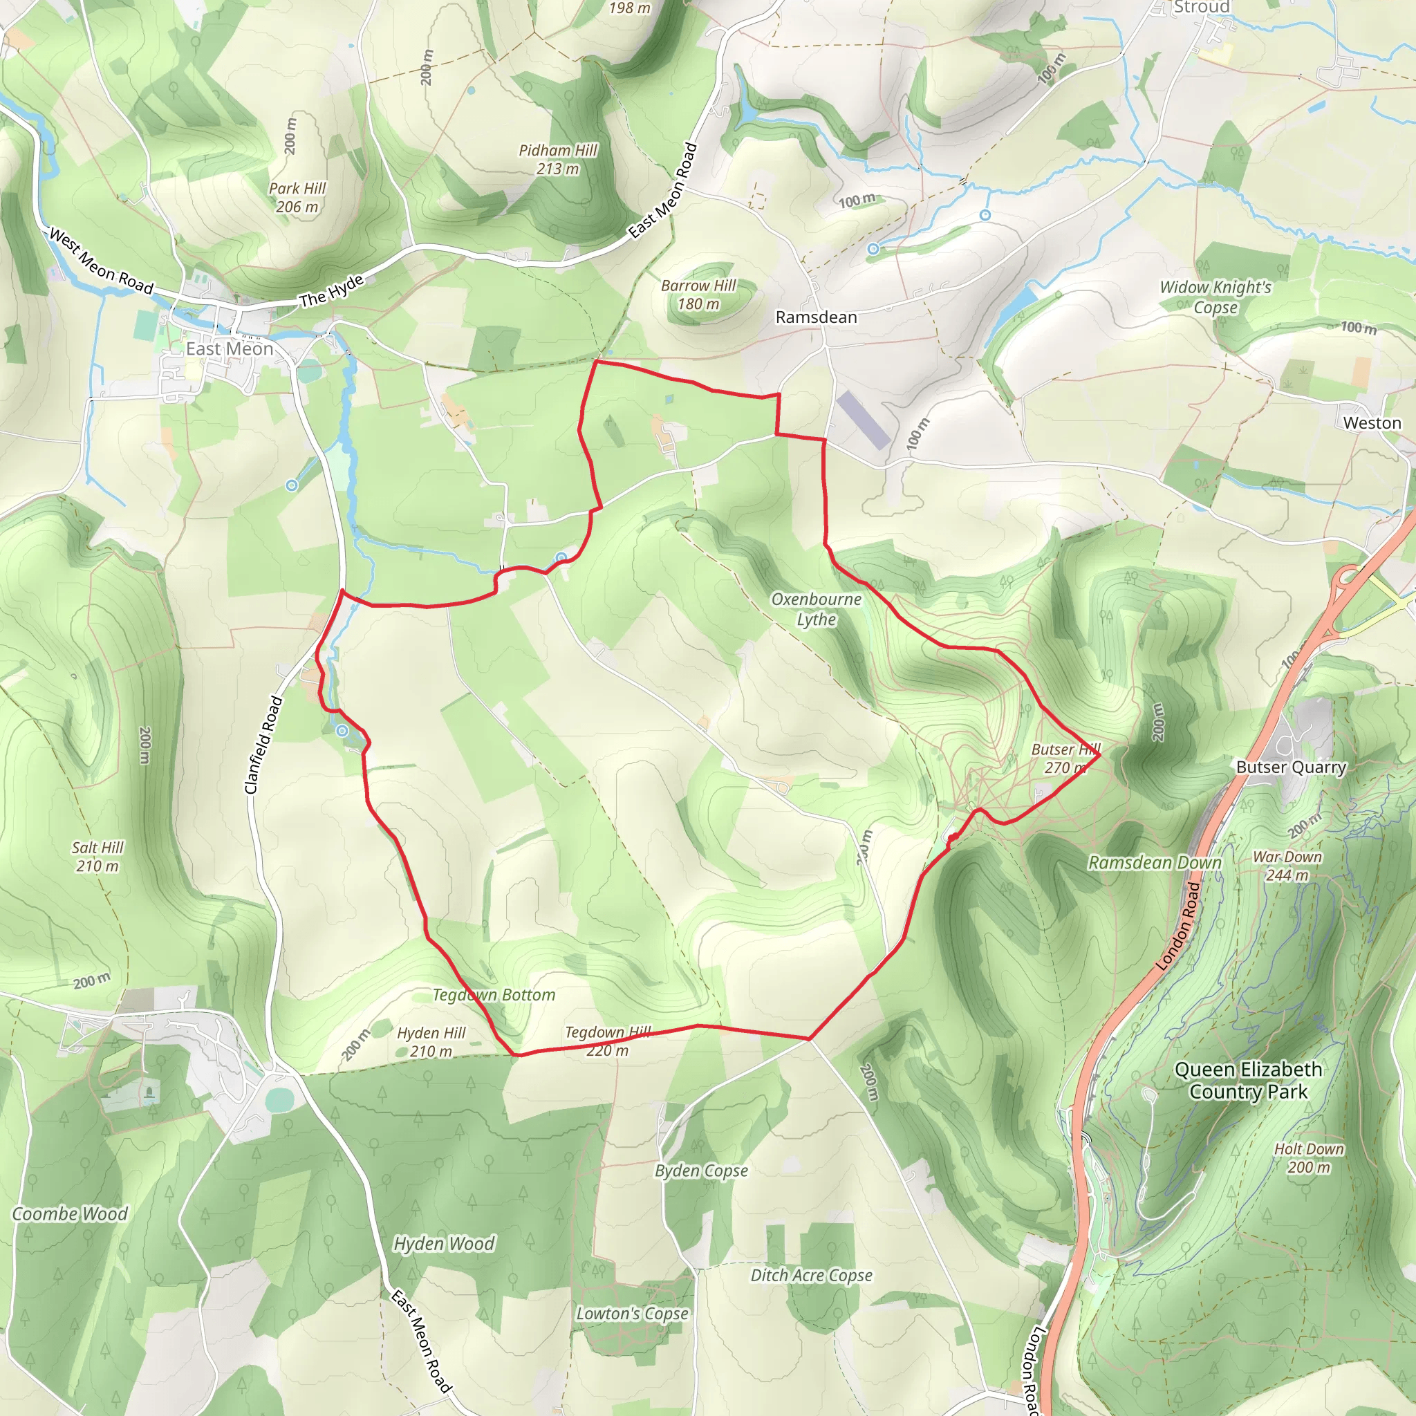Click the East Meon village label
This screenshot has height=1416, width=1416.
pyautogui.click(x=230, y=349)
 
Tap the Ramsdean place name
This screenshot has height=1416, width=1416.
pyautogui.click(x=816, y=317)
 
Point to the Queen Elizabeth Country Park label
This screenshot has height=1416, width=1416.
pyautogui.click(x=1248, y=1081)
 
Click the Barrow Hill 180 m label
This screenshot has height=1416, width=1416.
pyautogui.click(x=698, y=295)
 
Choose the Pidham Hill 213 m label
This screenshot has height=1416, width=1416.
pyautogui.click(x=558, y=159)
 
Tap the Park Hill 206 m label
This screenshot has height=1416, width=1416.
pyautogui.click(x=297, y=197)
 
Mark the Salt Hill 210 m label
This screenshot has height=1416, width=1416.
pyautogui.click(x=97, y=856)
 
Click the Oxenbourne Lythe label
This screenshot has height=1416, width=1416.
pyautogui.click(x=817, y=609)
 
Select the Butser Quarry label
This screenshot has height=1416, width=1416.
pyautogui.click(x=1292, y=767)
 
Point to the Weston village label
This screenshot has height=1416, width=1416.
pyautogui.click(x=1372, y=423)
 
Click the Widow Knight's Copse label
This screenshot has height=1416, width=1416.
pyautogui.click(x=1215, y=297)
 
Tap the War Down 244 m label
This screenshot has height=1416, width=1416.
pyautogui.click(x=1287, y=866)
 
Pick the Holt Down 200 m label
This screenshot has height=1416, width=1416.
pyautogui.click(x=1309, y=1157)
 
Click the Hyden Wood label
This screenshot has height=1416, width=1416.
pyautogui.click(x=444, y=1243)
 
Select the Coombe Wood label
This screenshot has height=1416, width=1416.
pyautogui.click(x=71, y=1213)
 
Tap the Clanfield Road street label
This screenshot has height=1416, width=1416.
pyautogui.click(x=263, y=745)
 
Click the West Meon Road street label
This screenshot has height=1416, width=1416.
pyautogui.click(x=101, y=261)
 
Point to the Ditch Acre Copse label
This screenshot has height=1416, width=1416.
pyautogui.click(x=811, y=1275)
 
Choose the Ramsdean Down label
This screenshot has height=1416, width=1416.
pyautogui.click(x=1155, y=863)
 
